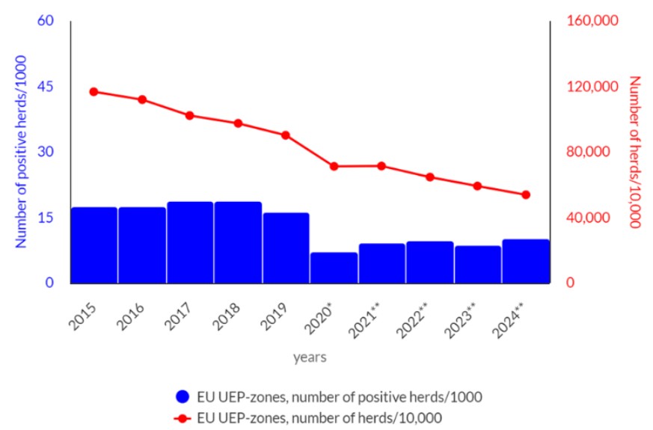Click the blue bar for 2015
(94, 245)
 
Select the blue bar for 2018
(238, 243)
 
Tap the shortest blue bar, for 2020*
(334, 268)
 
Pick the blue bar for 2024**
(526, 262)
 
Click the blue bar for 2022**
(430, 262)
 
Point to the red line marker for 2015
(93, 91)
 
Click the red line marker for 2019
(286, 135)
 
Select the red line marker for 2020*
(334, 166)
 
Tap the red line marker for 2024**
(526, 194)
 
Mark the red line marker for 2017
(190, 115)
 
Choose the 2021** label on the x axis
(371, 321)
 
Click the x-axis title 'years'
(310, 357)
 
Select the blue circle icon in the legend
(182, 396)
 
